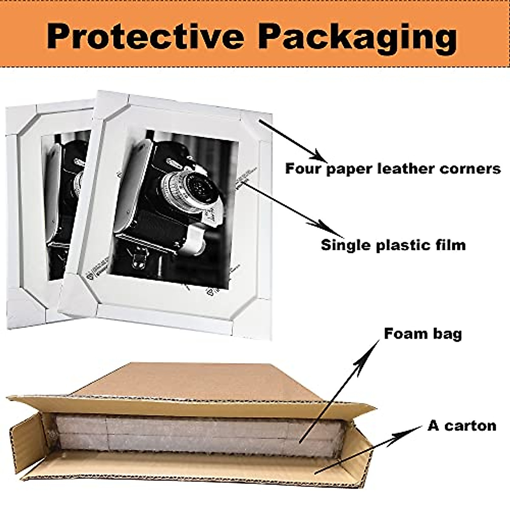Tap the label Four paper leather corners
tap(393, 169)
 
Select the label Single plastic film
tap(393, 245)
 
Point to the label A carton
tap(462, 425)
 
